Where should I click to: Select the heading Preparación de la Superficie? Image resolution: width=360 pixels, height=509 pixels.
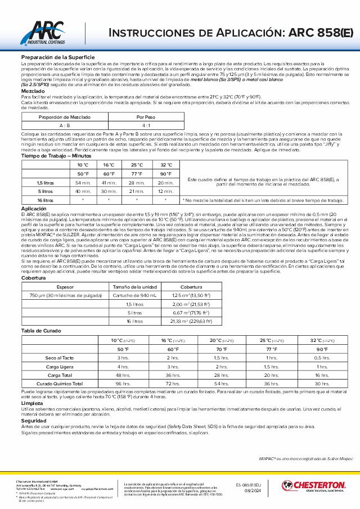click(57, 57)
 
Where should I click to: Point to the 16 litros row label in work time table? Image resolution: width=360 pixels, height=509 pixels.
click(45, 200)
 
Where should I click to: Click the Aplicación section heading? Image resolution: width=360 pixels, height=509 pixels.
click(34, 209)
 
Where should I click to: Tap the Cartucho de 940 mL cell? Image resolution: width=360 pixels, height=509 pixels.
click(135, 295)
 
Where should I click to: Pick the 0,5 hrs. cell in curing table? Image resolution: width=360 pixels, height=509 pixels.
click(322, 358)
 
